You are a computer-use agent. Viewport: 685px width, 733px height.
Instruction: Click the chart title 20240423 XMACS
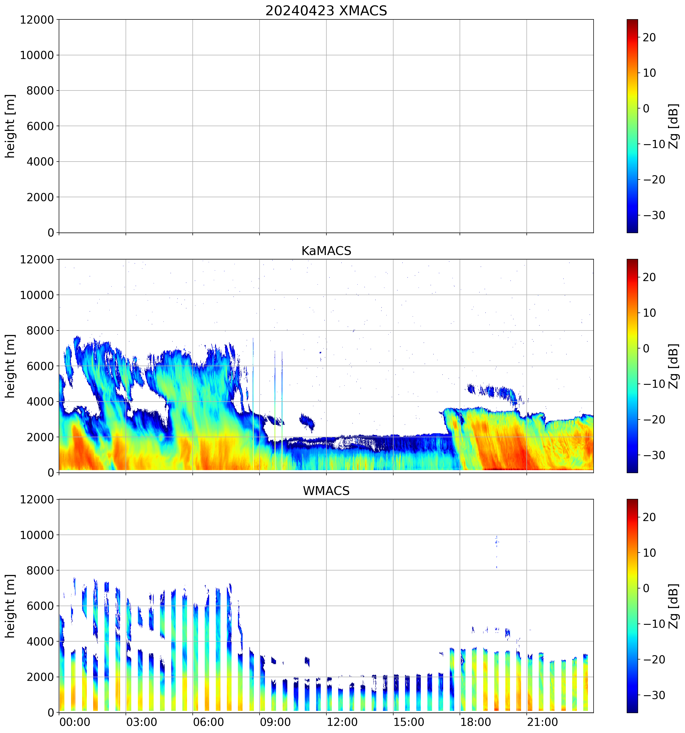tap(326, 11)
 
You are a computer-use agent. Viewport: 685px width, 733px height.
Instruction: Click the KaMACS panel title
tap(326, 251)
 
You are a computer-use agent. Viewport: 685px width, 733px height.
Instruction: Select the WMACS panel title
tap(326, 491)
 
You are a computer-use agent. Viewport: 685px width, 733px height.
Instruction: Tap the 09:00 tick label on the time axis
tap(275, 722)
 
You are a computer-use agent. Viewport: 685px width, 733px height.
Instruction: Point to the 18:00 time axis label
tap(476, 722)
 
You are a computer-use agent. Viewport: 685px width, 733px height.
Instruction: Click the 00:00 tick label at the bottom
tap(75, 722)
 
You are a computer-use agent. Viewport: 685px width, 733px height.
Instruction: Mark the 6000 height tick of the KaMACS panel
tap(40, 366)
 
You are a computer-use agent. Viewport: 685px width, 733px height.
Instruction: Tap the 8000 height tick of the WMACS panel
tap(40, 570)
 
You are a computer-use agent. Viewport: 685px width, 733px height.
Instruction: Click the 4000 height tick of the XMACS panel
tap(40, 162)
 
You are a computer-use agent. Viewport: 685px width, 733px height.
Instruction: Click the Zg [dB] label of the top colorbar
tap(674, 126)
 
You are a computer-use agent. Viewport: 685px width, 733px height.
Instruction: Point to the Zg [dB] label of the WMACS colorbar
tap(674, 606)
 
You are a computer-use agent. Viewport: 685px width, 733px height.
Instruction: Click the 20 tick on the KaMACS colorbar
tap(649, 277)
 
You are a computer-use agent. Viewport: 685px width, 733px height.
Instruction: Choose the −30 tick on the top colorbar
tap(654, 215)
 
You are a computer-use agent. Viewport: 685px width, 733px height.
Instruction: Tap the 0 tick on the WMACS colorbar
tap(646, 588)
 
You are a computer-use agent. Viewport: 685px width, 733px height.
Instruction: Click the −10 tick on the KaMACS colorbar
tap(654, 384)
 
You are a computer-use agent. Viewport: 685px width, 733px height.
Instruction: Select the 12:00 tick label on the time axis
tap(342, 722)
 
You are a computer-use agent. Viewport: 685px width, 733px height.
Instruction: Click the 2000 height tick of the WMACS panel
tap(40, 677)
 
